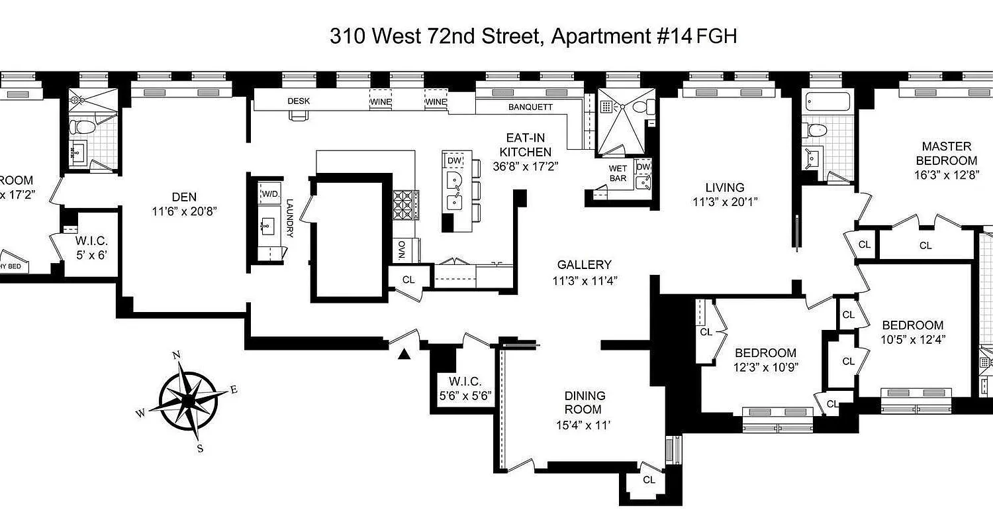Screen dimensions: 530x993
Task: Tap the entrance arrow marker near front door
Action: click(x=402, y=355)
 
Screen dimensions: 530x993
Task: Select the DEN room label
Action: click(x=184, y=197)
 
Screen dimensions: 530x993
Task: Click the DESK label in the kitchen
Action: click(x=299, y=101)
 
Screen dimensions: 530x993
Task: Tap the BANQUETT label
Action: click(x=530, y=107)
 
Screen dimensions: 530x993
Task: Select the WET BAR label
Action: click(x=618, y=174)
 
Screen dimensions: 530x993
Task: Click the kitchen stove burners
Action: click(x=404, y=205)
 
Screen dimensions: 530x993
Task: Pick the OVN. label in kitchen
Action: click(x=402, y=250)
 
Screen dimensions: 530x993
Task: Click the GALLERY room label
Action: click(x=584, y=265)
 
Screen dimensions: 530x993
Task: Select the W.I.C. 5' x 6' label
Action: click(x=92, y=246)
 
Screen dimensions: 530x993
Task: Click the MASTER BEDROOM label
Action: click(x=946, y=153)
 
